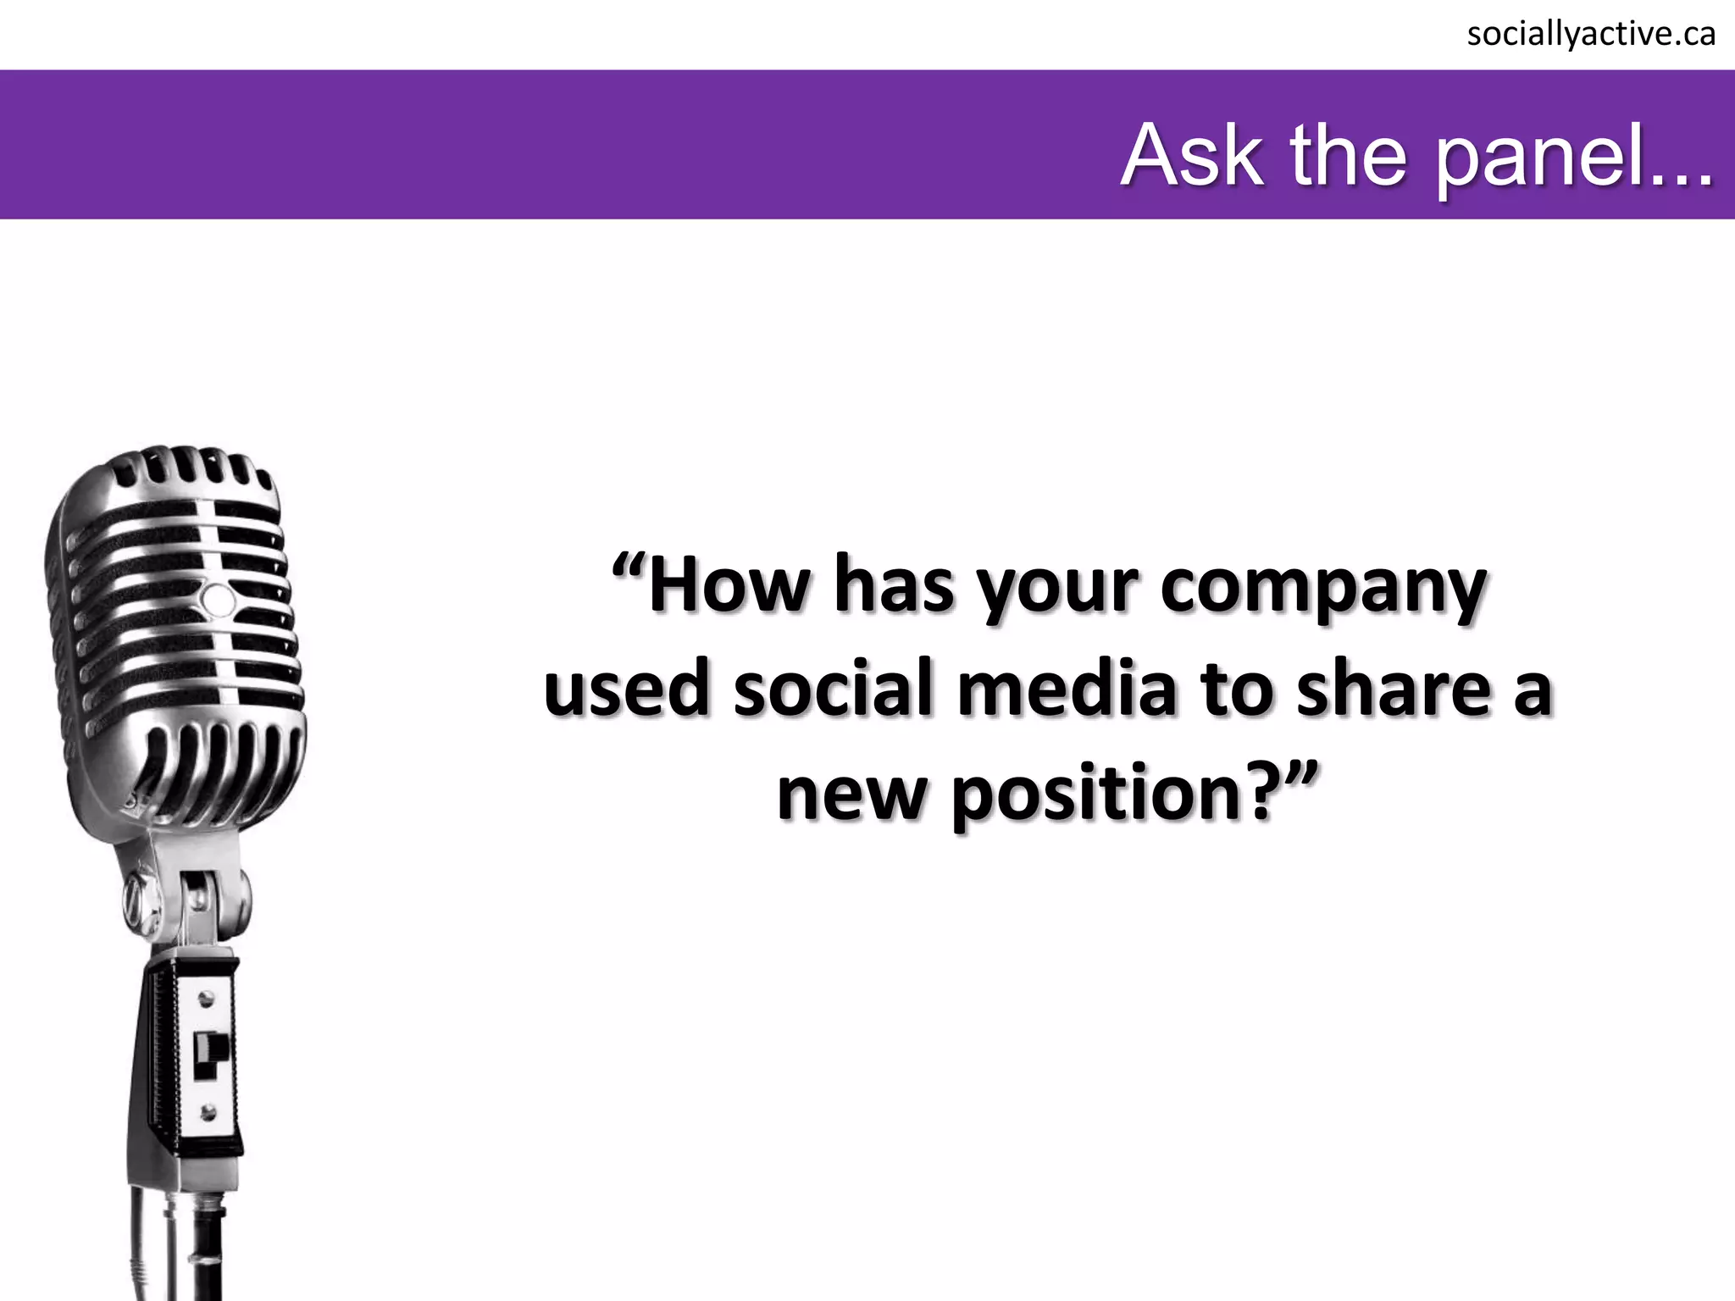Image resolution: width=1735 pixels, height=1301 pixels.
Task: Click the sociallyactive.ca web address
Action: pyautogui.click(x=1591, y=35)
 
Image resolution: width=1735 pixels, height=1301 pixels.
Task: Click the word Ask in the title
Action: pyautogui.click(x=1194, y=157)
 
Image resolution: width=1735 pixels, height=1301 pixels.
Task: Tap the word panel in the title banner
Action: pyautogui.click(x=1555, y=157)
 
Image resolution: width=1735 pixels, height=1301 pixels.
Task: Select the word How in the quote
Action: pyautogui.click(x=728, y=587)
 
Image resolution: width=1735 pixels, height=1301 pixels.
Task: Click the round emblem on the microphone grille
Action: pyautogui.click(x=218, y=599)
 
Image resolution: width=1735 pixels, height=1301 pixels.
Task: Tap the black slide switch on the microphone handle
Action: pyautogui.click(x=206, y=1054)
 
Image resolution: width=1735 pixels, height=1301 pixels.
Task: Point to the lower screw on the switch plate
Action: pyautogui.click(x=208, y=1110)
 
